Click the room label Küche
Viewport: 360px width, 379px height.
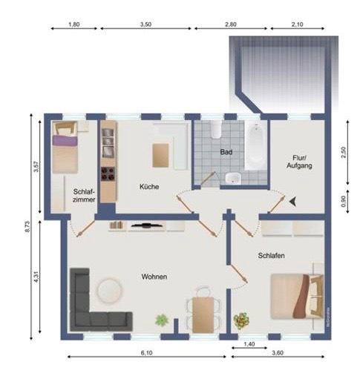coord(148,187)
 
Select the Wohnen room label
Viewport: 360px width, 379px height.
coord(154,277)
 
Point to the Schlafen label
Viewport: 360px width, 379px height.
coord(272,255)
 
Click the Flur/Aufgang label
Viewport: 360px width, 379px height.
coord(299,162)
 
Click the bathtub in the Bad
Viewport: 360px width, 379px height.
coord(254,144)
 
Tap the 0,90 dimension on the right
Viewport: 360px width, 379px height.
coord(344,200)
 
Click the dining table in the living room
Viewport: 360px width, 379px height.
coord(201,312)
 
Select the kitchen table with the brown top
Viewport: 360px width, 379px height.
coord(162,155)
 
